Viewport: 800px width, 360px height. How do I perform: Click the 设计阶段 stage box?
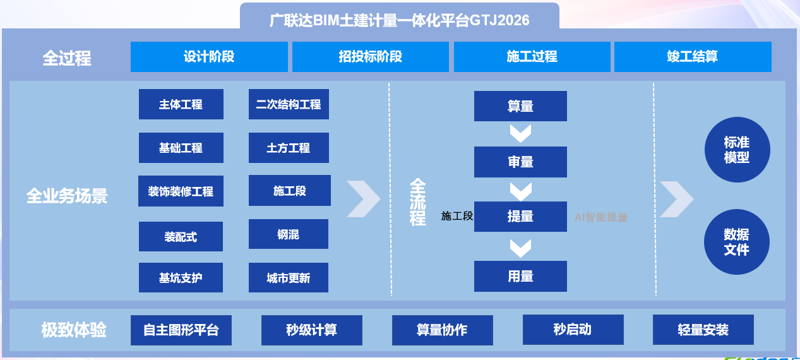pyautogui.click(x=209, y=57)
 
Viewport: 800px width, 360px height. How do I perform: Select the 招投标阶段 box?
pyautogui.click(x=371, y=57)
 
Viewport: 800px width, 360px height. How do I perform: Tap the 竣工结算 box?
pyautogui.click(x=693, y=57)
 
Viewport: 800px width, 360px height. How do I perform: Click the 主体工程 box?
pyautogui.click(x=181, y=104)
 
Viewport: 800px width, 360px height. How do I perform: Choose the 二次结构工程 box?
pyautogui.click(x=289, y=104)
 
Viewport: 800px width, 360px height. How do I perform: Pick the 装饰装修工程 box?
pyautogui.click(x=181, y=191)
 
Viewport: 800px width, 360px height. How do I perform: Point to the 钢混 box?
pyautogui.click(x=289, y=234)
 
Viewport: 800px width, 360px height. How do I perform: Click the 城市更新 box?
pyautogui.click(x=289, y=278)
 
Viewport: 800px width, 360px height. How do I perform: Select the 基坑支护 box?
pyautogui.click(x=181, y=278)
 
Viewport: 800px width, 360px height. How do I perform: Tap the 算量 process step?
pyautogui.click(x=520, y=106)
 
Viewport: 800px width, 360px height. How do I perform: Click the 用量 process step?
pyautogui.click(x=520, y=276)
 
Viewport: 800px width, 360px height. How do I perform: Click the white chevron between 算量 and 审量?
pyautogui.click(x=520, y=133)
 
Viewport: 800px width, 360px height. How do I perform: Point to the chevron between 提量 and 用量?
pyautogui.click(x=520, y=248)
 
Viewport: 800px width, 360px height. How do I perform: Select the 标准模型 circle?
pyautogui.click(x=737, y=150)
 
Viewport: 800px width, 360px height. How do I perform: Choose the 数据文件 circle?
pyautogui.click(x=737, y=242)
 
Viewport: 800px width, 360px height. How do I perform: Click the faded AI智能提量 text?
pyautogui.click(x=601, y=217)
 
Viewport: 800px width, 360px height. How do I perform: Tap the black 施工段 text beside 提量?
pyautogui.click(x=457, y=216)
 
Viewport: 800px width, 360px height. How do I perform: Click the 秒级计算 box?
pyautogui.click(x=312, y=330)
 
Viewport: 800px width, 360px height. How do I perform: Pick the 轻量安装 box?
pyautogui.click(x=703, y=330)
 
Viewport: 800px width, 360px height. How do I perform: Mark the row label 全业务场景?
pyautogui.click(x=67, y=196)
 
